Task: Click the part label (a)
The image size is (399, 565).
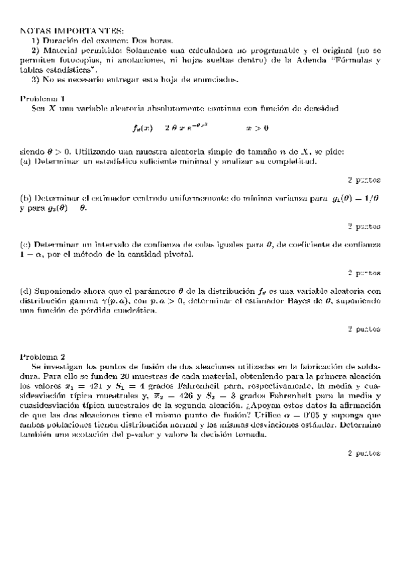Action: pos(26,161)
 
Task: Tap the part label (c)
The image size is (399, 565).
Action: pos(26,245)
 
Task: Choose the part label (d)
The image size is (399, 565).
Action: pos(26,291)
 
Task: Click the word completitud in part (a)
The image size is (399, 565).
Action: pos(294,161)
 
